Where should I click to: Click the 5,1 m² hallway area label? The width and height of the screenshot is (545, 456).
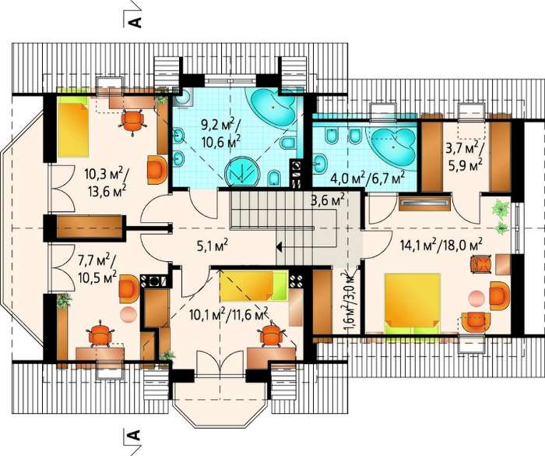click(211, 246)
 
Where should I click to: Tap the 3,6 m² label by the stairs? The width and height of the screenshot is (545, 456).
click(328, 201)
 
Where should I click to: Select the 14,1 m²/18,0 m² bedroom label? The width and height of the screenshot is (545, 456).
click(441, 245)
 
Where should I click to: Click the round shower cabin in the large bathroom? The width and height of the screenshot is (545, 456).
click(242, 172)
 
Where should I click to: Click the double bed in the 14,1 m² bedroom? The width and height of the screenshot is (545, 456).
click(412, 304)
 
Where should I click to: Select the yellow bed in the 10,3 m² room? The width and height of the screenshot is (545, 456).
click(73, 127)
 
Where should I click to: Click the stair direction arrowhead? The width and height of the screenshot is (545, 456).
click(279, 247)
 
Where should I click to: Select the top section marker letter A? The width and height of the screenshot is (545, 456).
click(135, 22)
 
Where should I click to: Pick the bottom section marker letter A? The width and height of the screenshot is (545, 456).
click(135, 435)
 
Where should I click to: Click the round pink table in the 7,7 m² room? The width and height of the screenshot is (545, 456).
click(127, 314)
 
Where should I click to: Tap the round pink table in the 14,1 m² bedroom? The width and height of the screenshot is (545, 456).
click(476, 298)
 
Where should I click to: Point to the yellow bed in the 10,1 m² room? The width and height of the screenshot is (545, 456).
click(254, 286)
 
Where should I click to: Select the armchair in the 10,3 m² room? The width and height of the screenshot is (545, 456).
click(157, 169)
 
